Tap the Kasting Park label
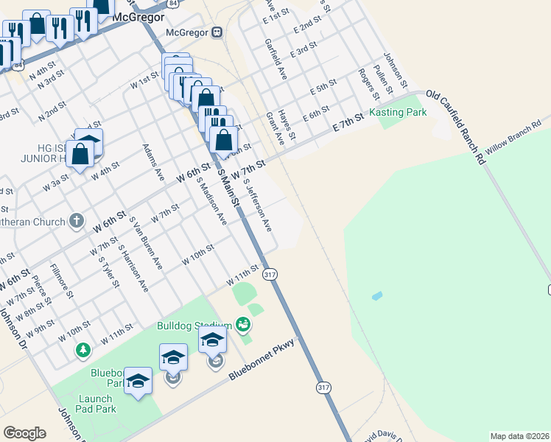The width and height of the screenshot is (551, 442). pyautogui.click(x=398, y=113)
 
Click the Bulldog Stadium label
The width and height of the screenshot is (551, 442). pyautogui.click(x=194, y=325)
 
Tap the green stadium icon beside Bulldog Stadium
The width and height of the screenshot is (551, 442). pyautogui.click(x=242, y=324)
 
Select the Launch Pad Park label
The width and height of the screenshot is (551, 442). pyautogui.click(x=95, y=404)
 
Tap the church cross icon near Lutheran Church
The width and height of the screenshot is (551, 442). pyautogui.click(x=77, y=220)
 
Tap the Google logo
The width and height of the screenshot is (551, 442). pyautogui.click(x=24, y=433)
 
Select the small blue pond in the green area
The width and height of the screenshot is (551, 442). pyautogui.click(x=377, y=296)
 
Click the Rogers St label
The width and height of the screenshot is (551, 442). pyautogui.click(x=368, y=85)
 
